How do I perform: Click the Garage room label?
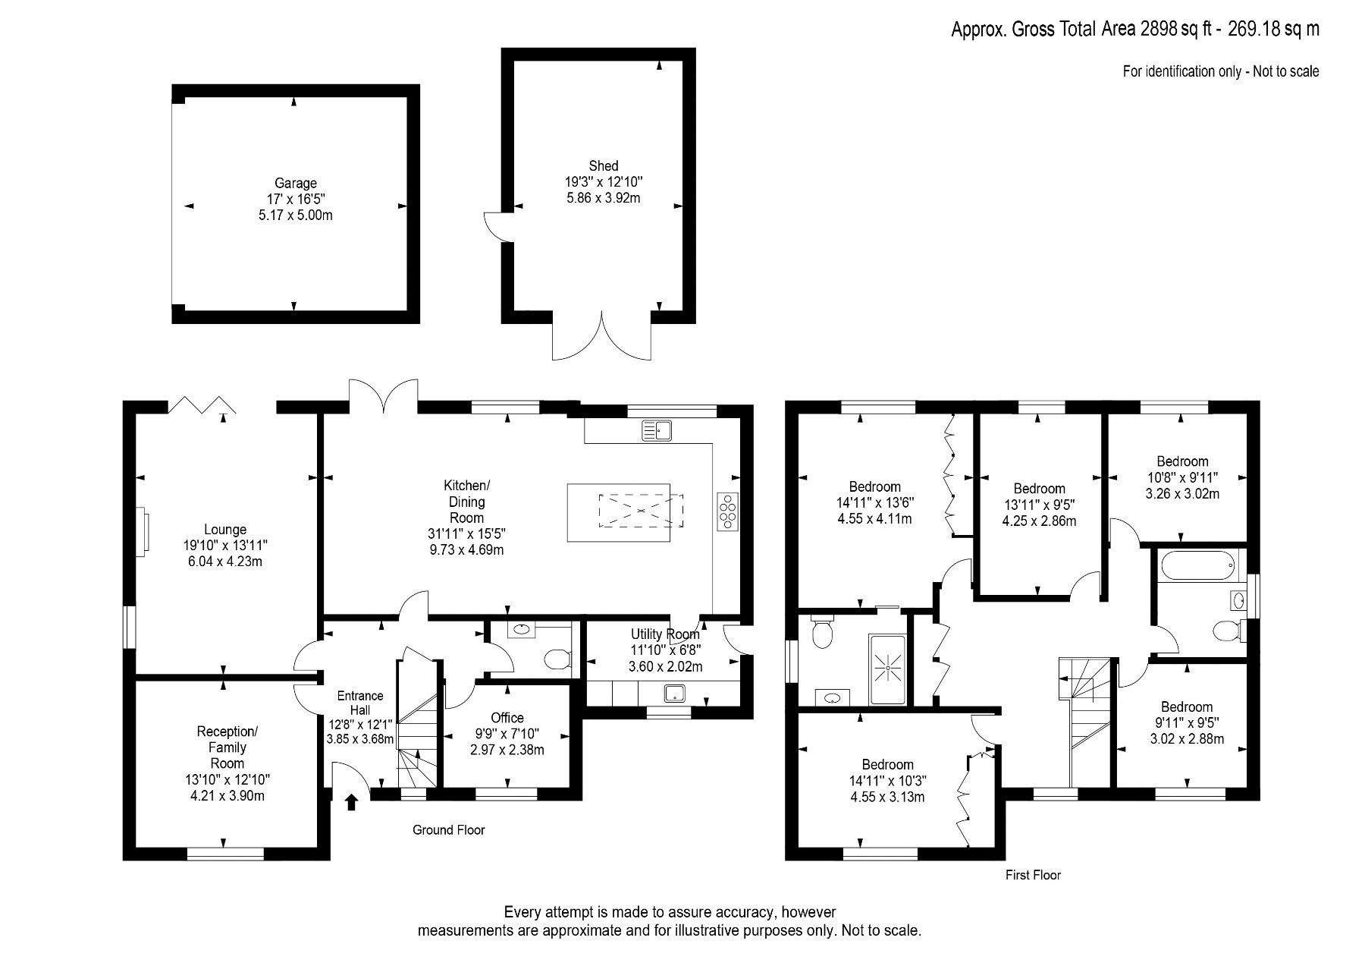pyautogui.click(x=296, y=183)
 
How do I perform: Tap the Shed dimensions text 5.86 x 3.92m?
pyautogui.click(x=604, y=198)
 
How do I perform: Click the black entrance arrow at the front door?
pyautogui.click(x=351, y=802)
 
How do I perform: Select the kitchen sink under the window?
pyautogui.click(x=657, y=430)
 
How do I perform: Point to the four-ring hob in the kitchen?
pyautogui.click(x=728, y=511)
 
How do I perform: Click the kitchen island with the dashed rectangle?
pyautogui.click(x=619, y=512)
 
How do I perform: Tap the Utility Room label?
pyautogui.click(x=665, y=634)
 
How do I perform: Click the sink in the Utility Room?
pyautogui.click(x=674, y=693)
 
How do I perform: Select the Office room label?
pyautogui.click(x=507, y=718)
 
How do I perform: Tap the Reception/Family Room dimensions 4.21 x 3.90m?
pyautogui.click(x=227, y=796)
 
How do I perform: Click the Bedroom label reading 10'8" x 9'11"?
pyautogui.click(x=1182, y=477)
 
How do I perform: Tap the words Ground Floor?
pyautogui.click(x=448, y=830)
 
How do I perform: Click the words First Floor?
pyautogui.click(x=1033, y=875)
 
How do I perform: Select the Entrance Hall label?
pyautogui.click(x=360, y=703)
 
